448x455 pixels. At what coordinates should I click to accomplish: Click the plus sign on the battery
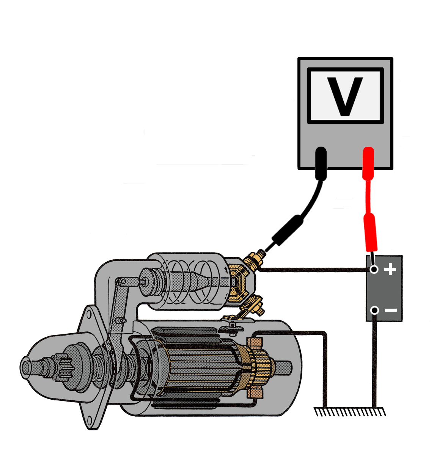coord(390,270)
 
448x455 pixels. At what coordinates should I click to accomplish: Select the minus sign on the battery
coord(391,311)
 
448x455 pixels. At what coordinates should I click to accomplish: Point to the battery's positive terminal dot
coord(374,270)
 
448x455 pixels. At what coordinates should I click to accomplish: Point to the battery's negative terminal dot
coord(374,311)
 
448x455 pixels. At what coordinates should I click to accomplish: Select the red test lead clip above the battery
coord(369,231)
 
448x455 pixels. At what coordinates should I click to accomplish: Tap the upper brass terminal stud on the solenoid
coord(253,261)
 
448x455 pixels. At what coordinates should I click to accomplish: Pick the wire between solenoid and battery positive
coord(315,270)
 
